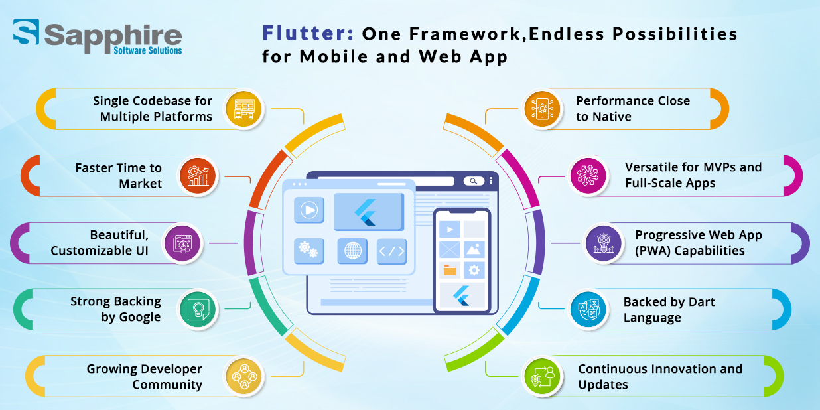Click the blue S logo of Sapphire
tap(26, 32)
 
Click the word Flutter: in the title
tap(308, 33)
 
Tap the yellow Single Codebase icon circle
tap(243, 109)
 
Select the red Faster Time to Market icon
tap(198, 176)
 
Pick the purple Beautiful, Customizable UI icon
tap(182, 243)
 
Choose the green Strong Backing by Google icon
tap(198, 309)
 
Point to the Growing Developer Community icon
tap(243, 376)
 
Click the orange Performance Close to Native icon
tap(542, 109)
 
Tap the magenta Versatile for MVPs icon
tap(588, 176)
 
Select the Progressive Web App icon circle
tap(603, 243)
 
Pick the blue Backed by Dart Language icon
tap(588, 309)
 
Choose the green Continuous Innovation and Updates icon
tap(542, 376)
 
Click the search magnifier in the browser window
tap(473, 181)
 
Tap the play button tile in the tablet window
tap(309, 210)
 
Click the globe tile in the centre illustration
tap(352, 251)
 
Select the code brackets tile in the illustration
tap(391, 251)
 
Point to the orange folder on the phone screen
tap(450, 270)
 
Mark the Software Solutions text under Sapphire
tap(148, 50)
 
